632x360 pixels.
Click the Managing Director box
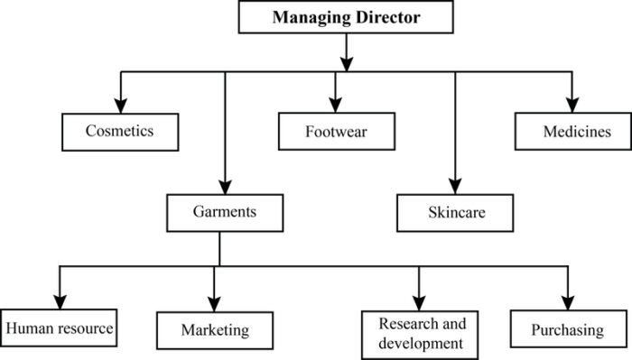tap(346, 17)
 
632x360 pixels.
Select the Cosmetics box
tap(119, 131)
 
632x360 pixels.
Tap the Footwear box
tap(336, 131)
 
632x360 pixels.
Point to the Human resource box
tap(60, 328)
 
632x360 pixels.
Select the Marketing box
tap(214, 329)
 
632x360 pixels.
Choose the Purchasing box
tap(568, 329)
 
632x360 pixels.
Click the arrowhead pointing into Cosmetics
tap(119, 105)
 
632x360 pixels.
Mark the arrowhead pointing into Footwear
tap(336, 105)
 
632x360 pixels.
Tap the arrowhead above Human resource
tap(60, 302)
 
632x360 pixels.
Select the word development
tap(421, 342)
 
